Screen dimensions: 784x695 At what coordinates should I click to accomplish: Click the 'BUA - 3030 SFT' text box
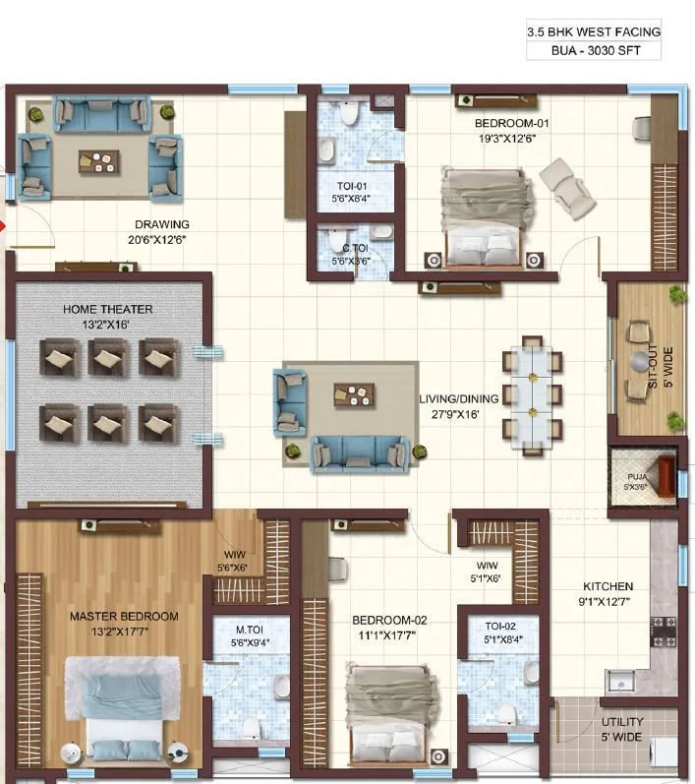[593, 50]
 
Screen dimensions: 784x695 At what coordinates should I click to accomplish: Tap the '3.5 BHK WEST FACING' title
[593, 31]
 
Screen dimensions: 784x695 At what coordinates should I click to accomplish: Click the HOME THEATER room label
[108, 309]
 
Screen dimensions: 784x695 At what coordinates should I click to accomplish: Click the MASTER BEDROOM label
[124, 617]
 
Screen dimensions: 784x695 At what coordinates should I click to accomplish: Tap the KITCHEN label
[607, 586]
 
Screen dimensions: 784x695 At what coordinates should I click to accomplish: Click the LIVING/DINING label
[459, 398]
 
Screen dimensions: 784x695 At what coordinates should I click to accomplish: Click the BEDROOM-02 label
[390, 621]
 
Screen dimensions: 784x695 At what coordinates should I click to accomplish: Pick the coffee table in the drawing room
[98, 160]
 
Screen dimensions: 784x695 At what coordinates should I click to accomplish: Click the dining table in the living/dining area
[532, 393]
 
